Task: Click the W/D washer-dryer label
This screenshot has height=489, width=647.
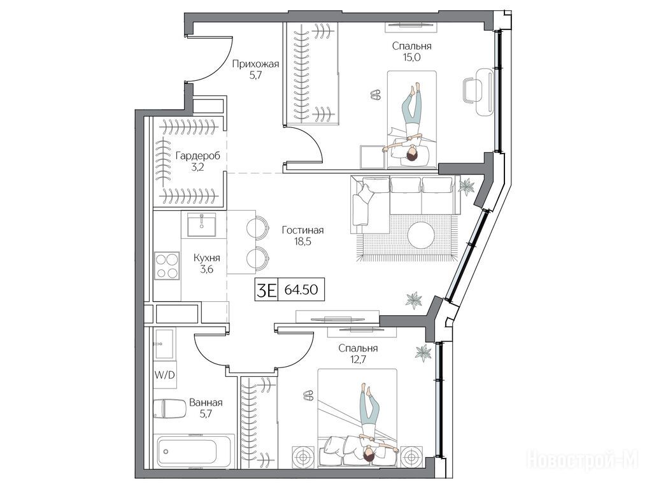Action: coord(165,374)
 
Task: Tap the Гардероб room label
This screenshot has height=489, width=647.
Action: coord(197,156)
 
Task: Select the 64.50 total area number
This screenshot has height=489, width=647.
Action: coord(301,290)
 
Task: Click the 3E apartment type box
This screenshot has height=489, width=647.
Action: coord(266,290)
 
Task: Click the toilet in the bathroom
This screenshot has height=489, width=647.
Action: coord(169,408)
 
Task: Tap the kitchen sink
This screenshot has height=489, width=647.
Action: coord(201,225)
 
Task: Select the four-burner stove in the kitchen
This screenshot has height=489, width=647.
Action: coord(167,266)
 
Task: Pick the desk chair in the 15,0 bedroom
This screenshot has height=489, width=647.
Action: coord(471,92)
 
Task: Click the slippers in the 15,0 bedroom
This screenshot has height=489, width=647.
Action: coord(376,95)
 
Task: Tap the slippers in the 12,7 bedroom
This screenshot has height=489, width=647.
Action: coord(308,395)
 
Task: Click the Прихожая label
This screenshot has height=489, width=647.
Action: coord(255,64)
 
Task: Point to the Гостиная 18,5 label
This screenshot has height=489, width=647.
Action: coord(303,236)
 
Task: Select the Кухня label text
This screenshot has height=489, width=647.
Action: coord(207,258)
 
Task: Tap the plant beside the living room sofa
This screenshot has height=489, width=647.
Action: coord(467,187)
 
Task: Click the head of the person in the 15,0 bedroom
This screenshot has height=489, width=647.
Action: coord(411,155)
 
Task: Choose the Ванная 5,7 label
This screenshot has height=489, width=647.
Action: coord(206,407)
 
